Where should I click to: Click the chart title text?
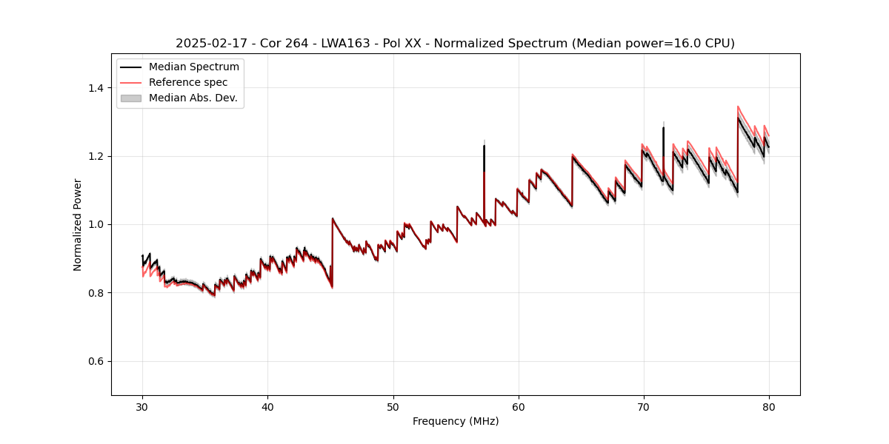pos(455,44)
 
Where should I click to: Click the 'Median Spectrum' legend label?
pos(194,67)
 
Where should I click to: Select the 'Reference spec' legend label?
pos(188,82)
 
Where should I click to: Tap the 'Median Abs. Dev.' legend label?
pos(193,98)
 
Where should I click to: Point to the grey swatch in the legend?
pos(130,98)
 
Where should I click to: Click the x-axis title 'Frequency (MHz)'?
pos(456,421)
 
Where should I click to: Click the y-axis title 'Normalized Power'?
pos(78,224)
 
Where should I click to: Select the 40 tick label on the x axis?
pos(267,406)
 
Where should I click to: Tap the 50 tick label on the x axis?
pos(393,406)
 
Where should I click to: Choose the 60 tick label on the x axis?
pos(518,406)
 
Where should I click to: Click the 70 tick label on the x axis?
pos(643,406)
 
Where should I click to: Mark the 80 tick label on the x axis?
pos(768,406)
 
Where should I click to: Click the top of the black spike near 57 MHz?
pos(484,146)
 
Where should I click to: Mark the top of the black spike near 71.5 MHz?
pos(663,128)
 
